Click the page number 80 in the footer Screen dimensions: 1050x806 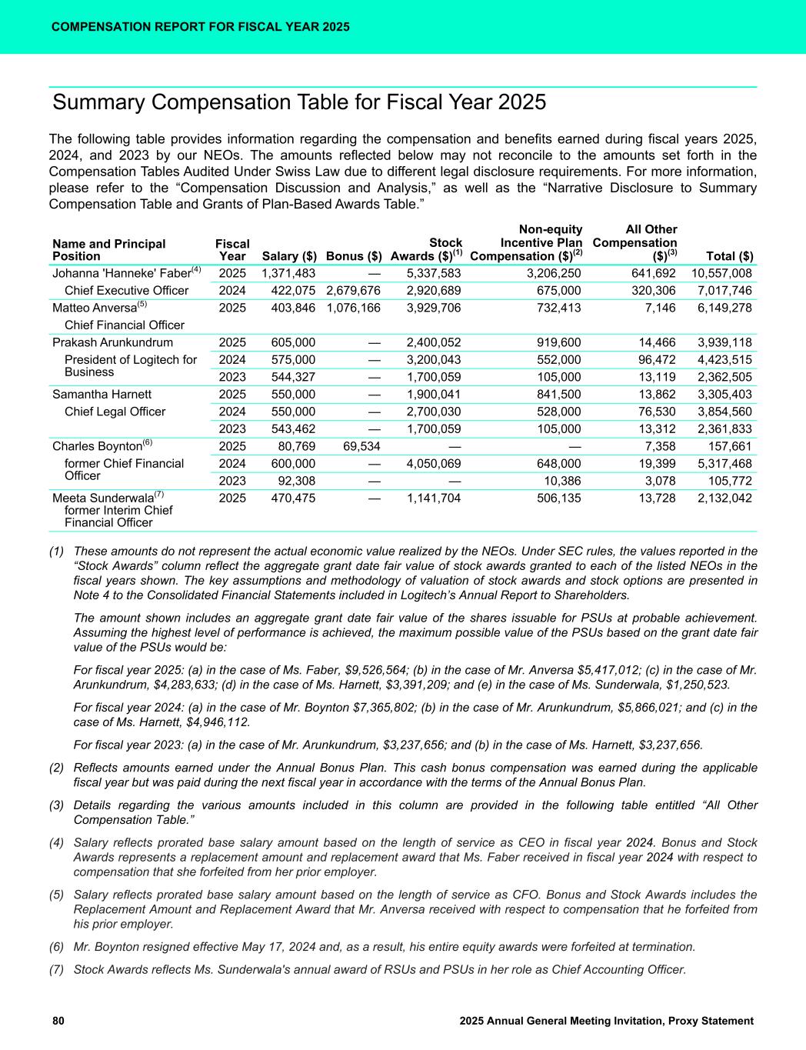[58, 1021]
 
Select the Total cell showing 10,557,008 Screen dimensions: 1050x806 [721, 273]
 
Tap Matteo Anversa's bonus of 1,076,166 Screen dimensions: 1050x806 [354, 308]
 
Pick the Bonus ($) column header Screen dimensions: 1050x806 [354, 256]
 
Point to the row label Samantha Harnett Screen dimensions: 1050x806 [102, 395]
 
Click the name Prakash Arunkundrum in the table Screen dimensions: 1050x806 [112, 342]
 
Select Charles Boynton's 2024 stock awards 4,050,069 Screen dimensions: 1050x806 [434, 463]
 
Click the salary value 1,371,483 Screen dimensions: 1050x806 [288, 273]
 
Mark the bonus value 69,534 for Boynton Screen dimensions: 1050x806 [360, 446]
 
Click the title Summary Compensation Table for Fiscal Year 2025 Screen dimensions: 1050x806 [298, 103]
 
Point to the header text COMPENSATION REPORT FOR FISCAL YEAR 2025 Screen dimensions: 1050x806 [201, 27]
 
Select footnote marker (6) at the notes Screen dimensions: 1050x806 [56, 947]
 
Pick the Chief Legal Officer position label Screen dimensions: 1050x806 [115, 412]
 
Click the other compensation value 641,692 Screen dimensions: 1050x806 [653, 273]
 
